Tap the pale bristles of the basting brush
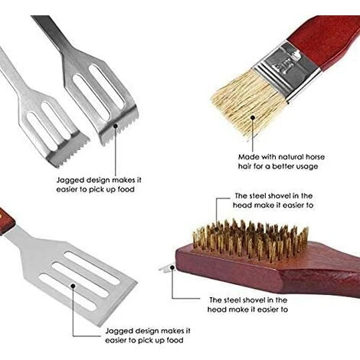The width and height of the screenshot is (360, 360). tap(249, 106)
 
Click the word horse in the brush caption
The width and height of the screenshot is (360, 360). tap(316, 156)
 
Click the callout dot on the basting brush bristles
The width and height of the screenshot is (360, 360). tap(253, 118)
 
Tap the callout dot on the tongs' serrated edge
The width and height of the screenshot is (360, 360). tap(116, 126)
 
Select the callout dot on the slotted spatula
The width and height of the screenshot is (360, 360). tap(73, 286)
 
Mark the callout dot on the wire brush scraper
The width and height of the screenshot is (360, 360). tap(172, 267)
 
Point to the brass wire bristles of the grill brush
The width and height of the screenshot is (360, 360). tap(250, 240)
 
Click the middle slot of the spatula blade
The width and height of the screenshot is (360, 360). tap(80, 279)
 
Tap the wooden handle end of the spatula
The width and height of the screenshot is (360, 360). tap(6, 221)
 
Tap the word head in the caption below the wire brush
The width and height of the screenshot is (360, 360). tap(216, 309)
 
